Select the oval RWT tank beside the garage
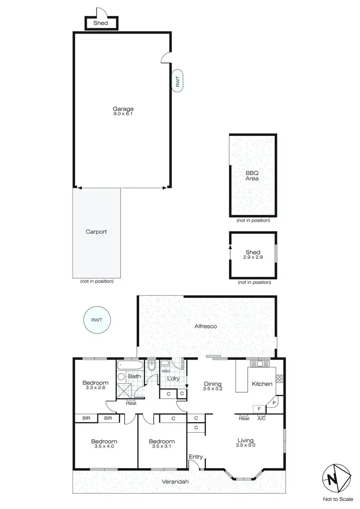tap(177, 82)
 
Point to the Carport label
tap(96, 231)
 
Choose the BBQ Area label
tap(252, 176)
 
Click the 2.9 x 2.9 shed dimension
tap(253, 257)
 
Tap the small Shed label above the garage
tap(101, 23)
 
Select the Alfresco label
tap(206, 327)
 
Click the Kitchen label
tap(262, 384)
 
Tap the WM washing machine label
tap(166, 371)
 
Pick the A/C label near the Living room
tap(262, 418)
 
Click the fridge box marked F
tap(259, 409)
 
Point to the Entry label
tap(196, 456)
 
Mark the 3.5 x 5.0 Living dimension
tap(245, 446)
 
